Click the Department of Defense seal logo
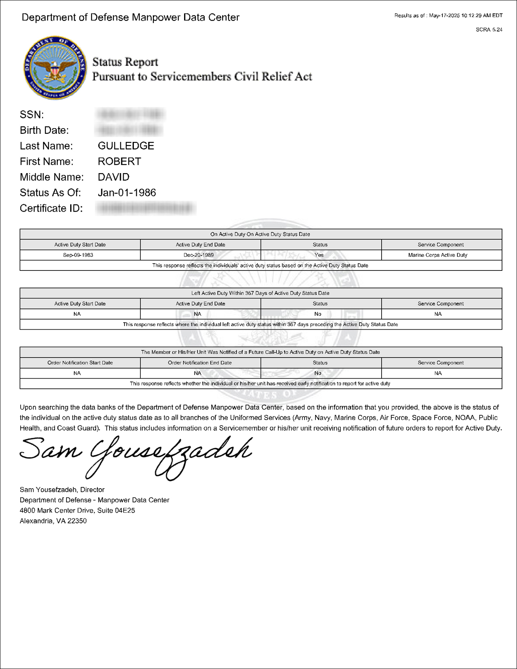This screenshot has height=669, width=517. pos(55,67)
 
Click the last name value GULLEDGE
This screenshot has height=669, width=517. pos(126,146)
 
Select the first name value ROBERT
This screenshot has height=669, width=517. pos(119,161)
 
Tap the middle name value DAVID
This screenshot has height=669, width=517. pos(114,177)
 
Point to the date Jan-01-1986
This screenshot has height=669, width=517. pos(127,193)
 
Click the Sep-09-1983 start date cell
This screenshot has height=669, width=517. pos(80,255)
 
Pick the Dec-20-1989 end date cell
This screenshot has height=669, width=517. pos(200,255)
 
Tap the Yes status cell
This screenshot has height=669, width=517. pos(320,255)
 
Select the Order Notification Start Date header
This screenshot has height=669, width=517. pos(80,362)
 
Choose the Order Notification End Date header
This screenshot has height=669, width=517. pos(200,362)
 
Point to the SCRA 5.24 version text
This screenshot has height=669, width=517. pos(489,30)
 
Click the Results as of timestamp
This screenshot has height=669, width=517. pos(448,15)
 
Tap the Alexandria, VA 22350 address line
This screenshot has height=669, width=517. pos(53,521)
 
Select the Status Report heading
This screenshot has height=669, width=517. pos(125,62)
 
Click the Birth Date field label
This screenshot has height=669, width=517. pos(44,130)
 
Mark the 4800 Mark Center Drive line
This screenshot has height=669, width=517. pos(77,510)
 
